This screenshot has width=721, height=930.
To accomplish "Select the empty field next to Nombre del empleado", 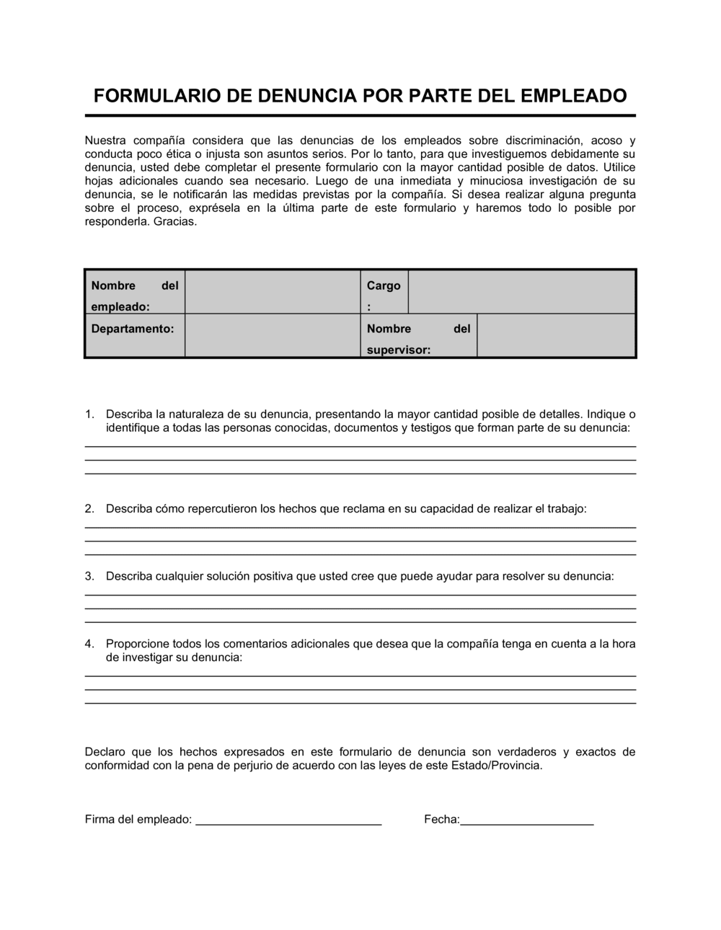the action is (273, 292).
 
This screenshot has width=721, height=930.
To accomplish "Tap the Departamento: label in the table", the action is (133, 329).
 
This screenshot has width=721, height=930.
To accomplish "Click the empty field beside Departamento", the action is (273, 336).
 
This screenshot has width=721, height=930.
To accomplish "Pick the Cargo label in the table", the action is (384, 285).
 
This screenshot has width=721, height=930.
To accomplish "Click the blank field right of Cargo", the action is (521, 292).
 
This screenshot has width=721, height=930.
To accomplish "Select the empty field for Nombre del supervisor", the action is (556, 336).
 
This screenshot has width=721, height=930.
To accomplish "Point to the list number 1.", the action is (89, 415).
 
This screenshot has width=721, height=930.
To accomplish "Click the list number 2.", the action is (89, 509).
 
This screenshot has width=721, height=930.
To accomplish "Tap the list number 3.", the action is (89, 577).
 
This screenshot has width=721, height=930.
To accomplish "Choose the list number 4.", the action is (89, 644).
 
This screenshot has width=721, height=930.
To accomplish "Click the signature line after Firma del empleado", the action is (288, 820).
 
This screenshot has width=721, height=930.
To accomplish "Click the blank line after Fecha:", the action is (526, 820).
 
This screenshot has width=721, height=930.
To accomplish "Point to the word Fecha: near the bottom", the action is (441, 820).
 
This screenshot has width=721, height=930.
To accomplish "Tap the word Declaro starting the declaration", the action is (105, 752).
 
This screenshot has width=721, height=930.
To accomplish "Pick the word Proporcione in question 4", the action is (138, 644).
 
